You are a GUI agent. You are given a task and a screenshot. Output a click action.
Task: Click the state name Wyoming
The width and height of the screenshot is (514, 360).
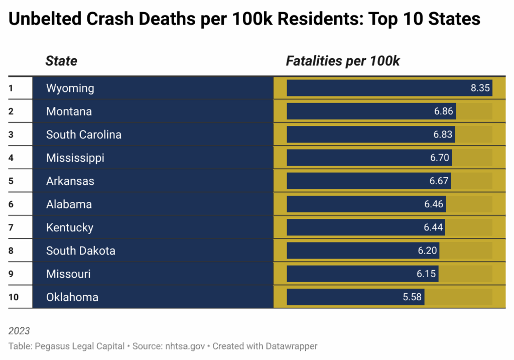(x=70, y=88)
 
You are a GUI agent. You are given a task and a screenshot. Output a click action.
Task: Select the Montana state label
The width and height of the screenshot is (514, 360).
(x=69, y=111)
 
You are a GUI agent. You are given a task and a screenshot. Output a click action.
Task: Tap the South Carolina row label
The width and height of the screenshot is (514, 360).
(x=83, y=135)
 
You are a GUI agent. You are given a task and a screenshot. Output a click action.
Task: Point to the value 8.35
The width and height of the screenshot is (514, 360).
(x=480, y=88)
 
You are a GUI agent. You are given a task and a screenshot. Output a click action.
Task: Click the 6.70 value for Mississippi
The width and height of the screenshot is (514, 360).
(x=440, y=158)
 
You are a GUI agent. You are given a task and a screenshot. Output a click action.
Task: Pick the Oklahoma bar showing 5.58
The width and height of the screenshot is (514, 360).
(x=355, y=297)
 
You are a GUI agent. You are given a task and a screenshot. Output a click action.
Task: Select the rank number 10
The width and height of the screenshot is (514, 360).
(x=14, y=297)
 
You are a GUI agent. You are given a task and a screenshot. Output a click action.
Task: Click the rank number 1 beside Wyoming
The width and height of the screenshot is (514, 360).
(x=11, y=88)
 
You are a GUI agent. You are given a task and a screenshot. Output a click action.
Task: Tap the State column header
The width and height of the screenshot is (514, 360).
(x=61, y=61)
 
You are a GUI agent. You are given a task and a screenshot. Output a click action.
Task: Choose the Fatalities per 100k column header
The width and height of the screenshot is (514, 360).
(x=343, y=61)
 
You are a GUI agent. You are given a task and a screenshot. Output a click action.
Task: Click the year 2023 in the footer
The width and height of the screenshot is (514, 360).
(x=19, y=331)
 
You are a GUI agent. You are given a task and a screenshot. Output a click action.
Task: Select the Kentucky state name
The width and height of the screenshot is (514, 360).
(x=70, y=227)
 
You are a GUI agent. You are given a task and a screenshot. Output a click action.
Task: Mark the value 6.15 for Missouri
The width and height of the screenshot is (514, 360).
(x=427, y=274)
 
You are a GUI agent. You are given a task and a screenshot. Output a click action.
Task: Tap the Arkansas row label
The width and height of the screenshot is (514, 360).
(x=70, y=181)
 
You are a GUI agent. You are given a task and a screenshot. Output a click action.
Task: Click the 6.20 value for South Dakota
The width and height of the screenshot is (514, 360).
(x=428, y=251)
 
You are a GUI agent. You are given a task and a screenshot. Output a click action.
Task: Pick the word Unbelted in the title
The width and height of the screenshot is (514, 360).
(x=44, y=19)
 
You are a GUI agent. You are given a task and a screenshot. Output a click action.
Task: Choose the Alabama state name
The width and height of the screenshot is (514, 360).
(x=69, y=204)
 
